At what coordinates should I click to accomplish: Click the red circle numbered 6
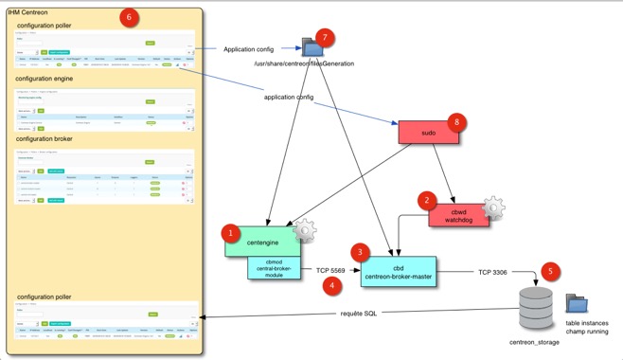pos(130,16)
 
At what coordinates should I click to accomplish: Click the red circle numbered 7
pos(327,37)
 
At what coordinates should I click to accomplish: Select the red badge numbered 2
pos(428,200)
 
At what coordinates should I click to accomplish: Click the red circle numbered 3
pos(359,251)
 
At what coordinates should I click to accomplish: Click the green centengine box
pos(261,242)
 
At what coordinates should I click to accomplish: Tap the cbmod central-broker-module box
pos(274,269)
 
